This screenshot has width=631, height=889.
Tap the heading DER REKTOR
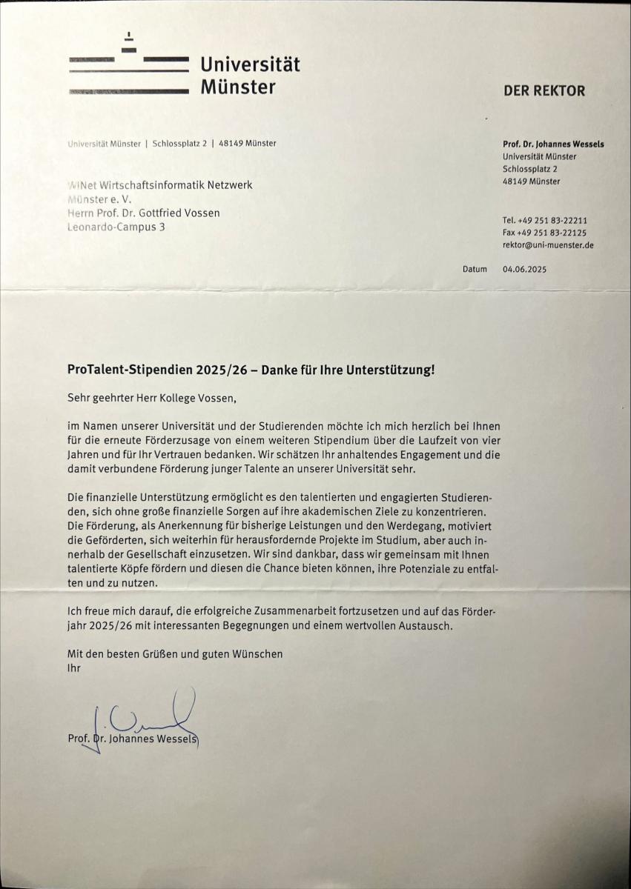(544, 91)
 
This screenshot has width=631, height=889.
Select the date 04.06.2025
(524, 270)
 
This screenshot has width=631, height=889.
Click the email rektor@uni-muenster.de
(548, 245)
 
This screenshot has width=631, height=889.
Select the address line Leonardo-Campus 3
(116, 227)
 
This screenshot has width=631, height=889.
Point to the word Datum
(475, 270)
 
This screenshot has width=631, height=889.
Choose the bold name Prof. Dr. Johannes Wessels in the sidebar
(553, 144)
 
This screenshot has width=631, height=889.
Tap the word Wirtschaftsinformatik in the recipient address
(151, 185)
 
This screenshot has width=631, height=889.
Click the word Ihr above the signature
(73, 667)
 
